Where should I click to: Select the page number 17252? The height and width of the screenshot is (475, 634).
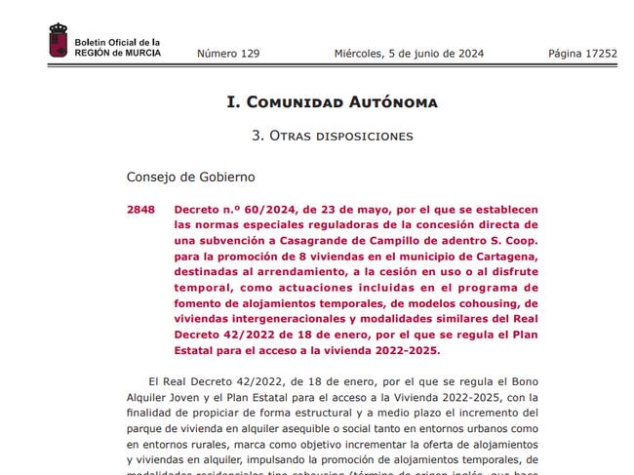(x=597, y=54)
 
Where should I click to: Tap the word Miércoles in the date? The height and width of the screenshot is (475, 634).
(x=363, y=54)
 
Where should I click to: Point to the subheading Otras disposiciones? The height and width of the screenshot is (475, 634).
(x=332, y=136)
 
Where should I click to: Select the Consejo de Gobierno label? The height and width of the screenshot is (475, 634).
(x=190, y=177)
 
